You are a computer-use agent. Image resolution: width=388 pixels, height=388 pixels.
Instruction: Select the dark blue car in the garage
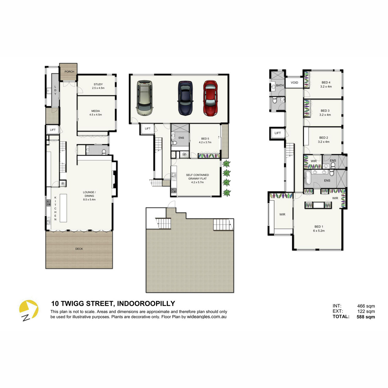point(185,98)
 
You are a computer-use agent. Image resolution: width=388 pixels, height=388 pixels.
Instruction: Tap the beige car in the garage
point(145,98)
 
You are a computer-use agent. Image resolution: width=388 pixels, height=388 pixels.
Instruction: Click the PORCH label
point(69,72)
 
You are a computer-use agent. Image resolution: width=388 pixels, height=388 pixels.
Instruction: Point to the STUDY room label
point(98,84)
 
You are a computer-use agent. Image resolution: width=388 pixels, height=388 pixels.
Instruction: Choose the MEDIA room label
point(96,111)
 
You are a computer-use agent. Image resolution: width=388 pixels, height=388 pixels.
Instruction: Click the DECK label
point(79,249)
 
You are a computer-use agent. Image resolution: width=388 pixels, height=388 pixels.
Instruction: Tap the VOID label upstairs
point(294,82)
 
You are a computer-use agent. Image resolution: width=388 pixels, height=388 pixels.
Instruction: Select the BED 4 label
point(326,82)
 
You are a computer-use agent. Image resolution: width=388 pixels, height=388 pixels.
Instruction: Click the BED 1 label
point(319,227)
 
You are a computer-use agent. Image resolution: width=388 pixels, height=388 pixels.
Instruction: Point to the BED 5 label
point(205,138)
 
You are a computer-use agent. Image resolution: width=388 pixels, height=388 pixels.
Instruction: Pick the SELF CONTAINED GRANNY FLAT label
point(197,177)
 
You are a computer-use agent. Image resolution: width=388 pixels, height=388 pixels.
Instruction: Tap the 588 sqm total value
point(366,317)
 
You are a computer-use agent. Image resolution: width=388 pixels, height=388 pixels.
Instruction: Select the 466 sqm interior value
point(366,306)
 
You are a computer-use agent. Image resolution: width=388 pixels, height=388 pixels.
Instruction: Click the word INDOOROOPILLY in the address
point(146,303)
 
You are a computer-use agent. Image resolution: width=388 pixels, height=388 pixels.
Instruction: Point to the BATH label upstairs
point(280,85)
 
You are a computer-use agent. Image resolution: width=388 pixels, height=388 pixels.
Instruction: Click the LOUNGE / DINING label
point(89,194)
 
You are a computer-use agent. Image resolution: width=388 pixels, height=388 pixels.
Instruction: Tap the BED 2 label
point(324,138)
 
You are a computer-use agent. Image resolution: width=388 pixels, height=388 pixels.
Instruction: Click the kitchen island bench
point(63,208)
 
